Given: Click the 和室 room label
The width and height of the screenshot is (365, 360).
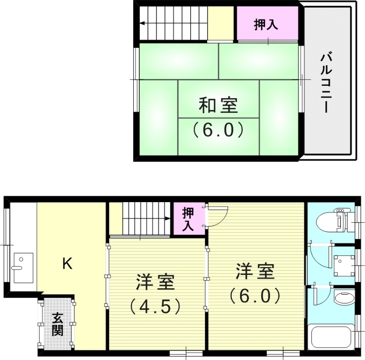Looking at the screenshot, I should click(x=218, y=106).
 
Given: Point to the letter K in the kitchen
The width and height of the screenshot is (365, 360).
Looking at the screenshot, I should click(x=67, y=263).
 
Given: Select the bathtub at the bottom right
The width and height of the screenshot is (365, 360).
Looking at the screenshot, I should click(x=331, y=338).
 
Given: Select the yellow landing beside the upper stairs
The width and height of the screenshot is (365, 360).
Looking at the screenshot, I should click(x=221, y=23).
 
